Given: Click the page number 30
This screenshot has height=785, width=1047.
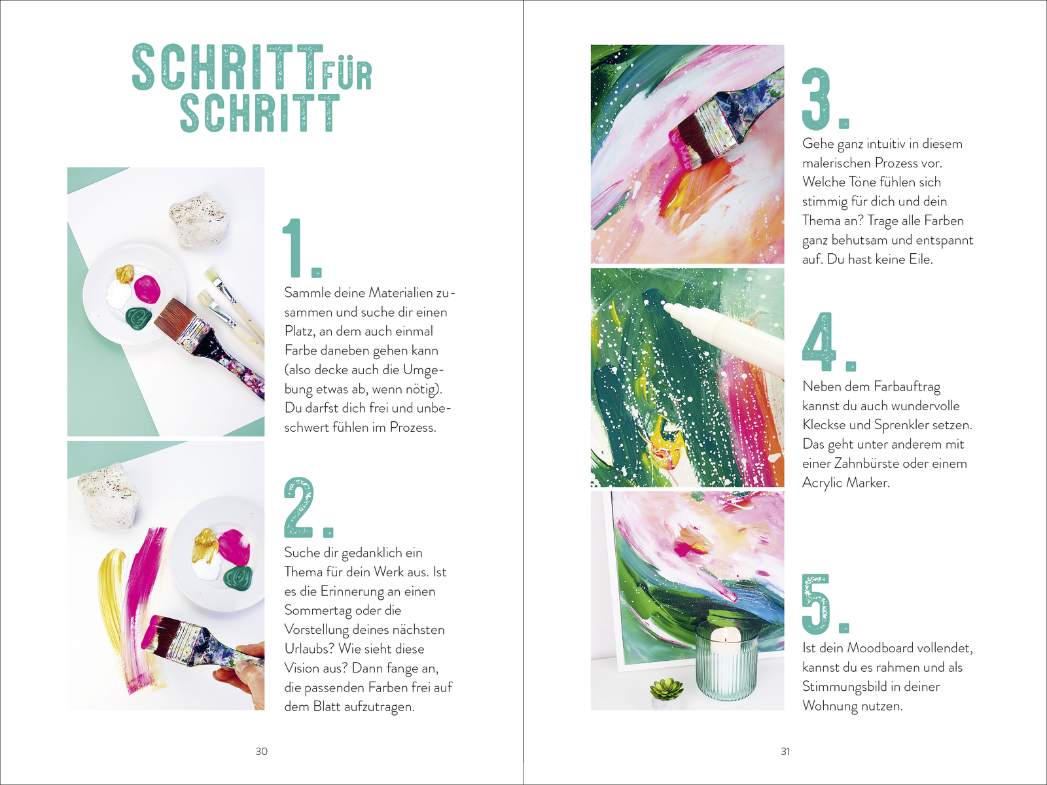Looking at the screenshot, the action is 261,751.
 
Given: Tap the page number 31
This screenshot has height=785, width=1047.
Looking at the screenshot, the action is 785,751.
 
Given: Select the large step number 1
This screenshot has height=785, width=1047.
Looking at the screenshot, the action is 302,248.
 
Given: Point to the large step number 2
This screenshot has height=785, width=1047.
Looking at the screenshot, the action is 308,508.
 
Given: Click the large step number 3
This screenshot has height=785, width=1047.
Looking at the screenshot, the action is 825,99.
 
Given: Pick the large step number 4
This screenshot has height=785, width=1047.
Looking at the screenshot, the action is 829,341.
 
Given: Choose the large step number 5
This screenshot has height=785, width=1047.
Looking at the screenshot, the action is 825,604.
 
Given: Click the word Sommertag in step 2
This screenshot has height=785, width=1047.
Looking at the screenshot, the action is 342,610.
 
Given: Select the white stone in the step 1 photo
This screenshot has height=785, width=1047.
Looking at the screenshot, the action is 200,219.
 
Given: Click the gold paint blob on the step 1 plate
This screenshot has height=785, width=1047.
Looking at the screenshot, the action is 124,273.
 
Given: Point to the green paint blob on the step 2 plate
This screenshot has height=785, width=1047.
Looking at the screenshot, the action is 238,578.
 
